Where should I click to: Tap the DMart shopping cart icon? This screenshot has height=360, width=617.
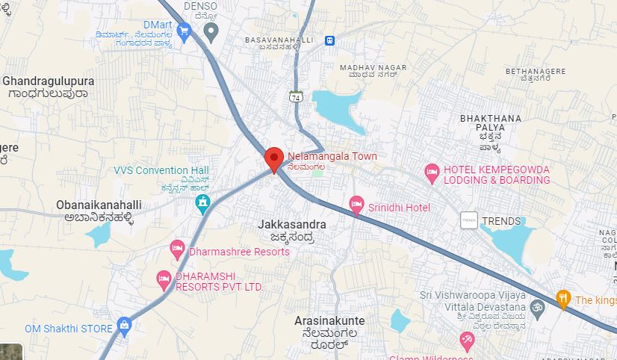click(185, 31)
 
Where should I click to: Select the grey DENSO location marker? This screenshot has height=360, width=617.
click(211, 31)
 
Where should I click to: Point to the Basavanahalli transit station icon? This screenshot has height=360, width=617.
click(329, 40)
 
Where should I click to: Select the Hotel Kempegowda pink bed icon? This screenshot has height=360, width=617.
click(432, 173)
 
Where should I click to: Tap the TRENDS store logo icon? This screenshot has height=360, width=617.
click(469, 220)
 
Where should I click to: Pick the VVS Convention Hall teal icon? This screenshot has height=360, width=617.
click(202, 202)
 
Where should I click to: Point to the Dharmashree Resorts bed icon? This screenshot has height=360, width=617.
click(177, 249)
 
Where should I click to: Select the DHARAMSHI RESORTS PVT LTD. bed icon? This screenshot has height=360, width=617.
click(164, 279)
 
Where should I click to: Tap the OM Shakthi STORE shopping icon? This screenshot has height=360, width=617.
click(124, 325)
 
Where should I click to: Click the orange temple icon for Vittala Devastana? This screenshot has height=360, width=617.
click(535, 308)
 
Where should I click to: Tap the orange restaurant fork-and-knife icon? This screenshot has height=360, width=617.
click(563, 299)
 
